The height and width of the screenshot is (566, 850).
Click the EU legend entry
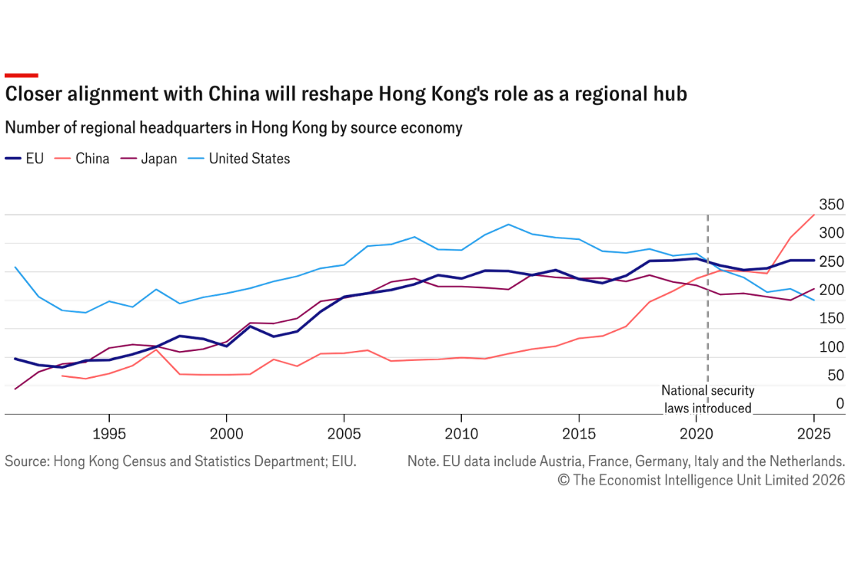[24, 158]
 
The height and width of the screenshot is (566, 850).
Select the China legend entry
[81, 158]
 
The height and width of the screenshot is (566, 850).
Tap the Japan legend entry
[149, 159]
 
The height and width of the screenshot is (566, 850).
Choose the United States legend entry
[239, 158]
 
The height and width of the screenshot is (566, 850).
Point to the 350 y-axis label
[832, 204]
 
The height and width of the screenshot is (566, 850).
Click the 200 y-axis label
[832, 290]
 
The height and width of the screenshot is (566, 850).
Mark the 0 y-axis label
[840, 403]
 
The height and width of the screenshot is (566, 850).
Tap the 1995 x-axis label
[109, 434]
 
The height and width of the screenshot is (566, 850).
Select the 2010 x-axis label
[461, 434]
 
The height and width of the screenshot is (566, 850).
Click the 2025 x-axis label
[814, 434]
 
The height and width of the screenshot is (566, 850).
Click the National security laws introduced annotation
[708, 399]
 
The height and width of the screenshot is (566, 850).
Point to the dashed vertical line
[708, 299]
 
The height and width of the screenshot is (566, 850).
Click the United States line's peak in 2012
[508, 224]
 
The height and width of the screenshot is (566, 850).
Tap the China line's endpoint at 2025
[814, 215]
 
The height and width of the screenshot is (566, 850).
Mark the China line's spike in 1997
[156, 350]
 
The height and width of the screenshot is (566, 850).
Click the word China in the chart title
[234, 93]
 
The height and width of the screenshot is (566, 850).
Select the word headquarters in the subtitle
[186, 128]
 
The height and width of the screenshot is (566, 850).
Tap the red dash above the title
[21, 76]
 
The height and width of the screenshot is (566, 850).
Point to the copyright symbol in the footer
[564, 480]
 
